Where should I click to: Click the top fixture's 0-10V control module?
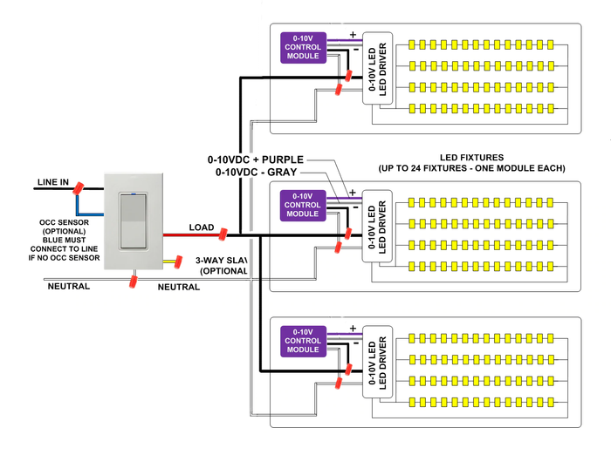coord(303,47)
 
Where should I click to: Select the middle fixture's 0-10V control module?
coord(303,206)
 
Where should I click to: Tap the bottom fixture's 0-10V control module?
coord(303,342)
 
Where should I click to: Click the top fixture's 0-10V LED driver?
coord(377,69)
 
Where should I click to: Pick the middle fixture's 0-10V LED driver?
coord(377,226)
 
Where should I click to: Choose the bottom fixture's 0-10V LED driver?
coord(377,362)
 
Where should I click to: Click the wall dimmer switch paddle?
coord(134,221)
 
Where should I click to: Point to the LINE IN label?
coord(53,182)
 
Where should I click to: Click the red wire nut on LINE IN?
coord(78,188)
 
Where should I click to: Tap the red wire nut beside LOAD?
coord(223,234)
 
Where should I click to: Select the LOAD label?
coord(202,227)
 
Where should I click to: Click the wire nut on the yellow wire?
coord(178,261)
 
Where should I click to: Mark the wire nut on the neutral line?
coord(134,282)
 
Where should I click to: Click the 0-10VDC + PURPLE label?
coord(256,160)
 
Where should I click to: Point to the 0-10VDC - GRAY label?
coord(257,172)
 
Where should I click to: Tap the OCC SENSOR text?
coord(64,222)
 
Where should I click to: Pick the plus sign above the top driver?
coord(353,35)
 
